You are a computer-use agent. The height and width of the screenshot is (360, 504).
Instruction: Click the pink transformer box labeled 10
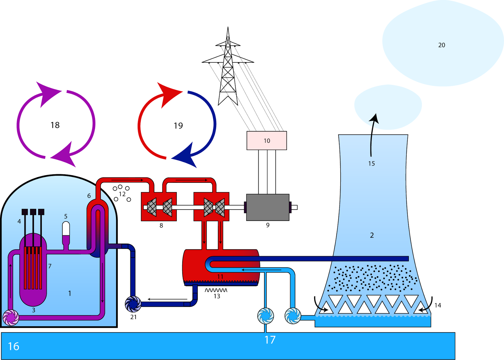[266, 141]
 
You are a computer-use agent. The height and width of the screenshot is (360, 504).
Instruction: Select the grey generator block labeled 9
[267, 207]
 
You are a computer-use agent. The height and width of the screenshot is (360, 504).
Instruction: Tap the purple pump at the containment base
[11, 317]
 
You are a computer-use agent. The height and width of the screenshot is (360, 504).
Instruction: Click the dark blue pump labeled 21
[133, 304]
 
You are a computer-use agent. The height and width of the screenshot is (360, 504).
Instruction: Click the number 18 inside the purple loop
[55, 125]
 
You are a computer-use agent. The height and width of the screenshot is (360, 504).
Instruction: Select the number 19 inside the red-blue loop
[178, 126]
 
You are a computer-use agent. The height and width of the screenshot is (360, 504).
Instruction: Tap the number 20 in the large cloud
[442, 45]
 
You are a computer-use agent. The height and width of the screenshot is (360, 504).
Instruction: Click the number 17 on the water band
[270, 340]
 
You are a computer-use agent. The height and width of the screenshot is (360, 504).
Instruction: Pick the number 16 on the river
[14, 346]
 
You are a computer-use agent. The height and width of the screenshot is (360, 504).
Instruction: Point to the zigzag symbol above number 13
[216, 290]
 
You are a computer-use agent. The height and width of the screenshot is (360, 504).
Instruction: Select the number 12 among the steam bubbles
[122, 194]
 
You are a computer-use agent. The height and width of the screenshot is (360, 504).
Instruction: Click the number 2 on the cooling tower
[372, 235]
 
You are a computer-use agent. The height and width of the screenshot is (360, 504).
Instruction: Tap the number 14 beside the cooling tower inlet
[438, 305]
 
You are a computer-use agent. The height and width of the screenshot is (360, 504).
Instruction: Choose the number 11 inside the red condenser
[220, 276]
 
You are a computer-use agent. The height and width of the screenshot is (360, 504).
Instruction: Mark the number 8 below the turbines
[161, 225]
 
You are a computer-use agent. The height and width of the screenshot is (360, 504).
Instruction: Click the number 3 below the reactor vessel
[34, 310]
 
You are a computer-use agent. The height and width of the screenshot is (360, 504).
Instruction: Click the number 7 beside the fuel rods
[50, 266]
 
